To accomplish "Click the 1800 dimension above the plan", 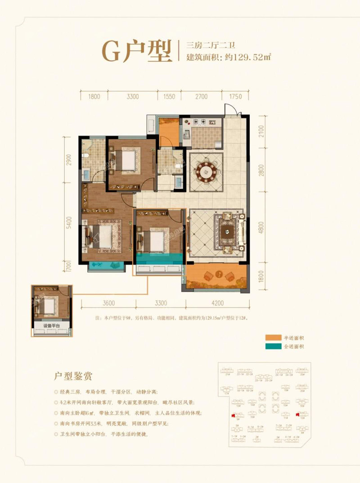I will (94, 96).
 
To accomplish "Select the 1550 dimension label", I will (169, 96).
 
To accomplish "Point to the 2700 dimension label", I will (201, 96).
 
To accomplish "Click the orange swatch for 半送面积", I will (268, 338).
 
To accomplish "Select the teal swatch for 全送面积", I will (268, 346).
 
